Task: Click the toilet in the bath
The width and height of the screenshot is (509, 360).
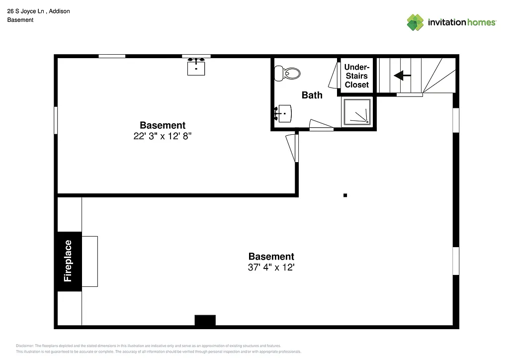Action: click(x=288, y=74)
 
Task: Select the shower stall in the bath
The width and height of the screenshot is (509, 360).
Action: click(x=356, y=111)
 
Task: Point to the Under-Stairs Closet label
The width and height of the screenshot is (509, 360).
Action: click(x=357, y=76)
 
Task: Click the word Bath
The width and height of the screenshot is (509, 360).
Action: click(x=312, y=95)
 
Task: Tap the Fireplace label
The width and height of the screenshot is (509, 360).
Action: click(x=68, y=261)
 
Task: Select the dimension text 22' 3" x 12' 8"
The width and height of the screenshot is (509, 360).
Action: click(x=163, y=136)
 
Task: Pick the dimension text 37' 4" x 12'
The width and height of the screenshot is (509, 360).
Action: click(x=271, y=268)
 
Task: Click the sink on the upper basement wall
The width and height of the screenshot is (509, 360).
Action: click(x=196, y=67)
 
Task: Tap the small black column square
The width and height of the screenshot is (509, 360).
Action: click(x=345, y=195)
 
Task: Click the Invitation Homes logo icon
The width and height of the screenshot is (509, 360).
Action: click(x=415, y=22)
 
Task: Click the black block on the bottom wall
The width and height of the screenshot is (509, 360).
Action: click(x=205, y=321)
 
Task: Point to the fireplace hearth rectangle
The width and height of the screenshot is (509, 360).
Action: click(x=89, y=261)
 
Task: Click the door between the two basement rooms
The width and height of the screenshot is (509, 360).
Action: click(x=292, y=148)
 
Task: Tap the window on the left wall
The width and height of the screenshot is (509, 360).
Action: click(x=56, y=120)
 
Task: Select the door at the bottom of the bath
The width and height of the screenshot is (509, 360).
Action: click(x=321, y=125)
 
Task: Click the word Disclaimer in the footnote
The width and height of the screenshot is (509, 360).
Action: click(x=25, y=346)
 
